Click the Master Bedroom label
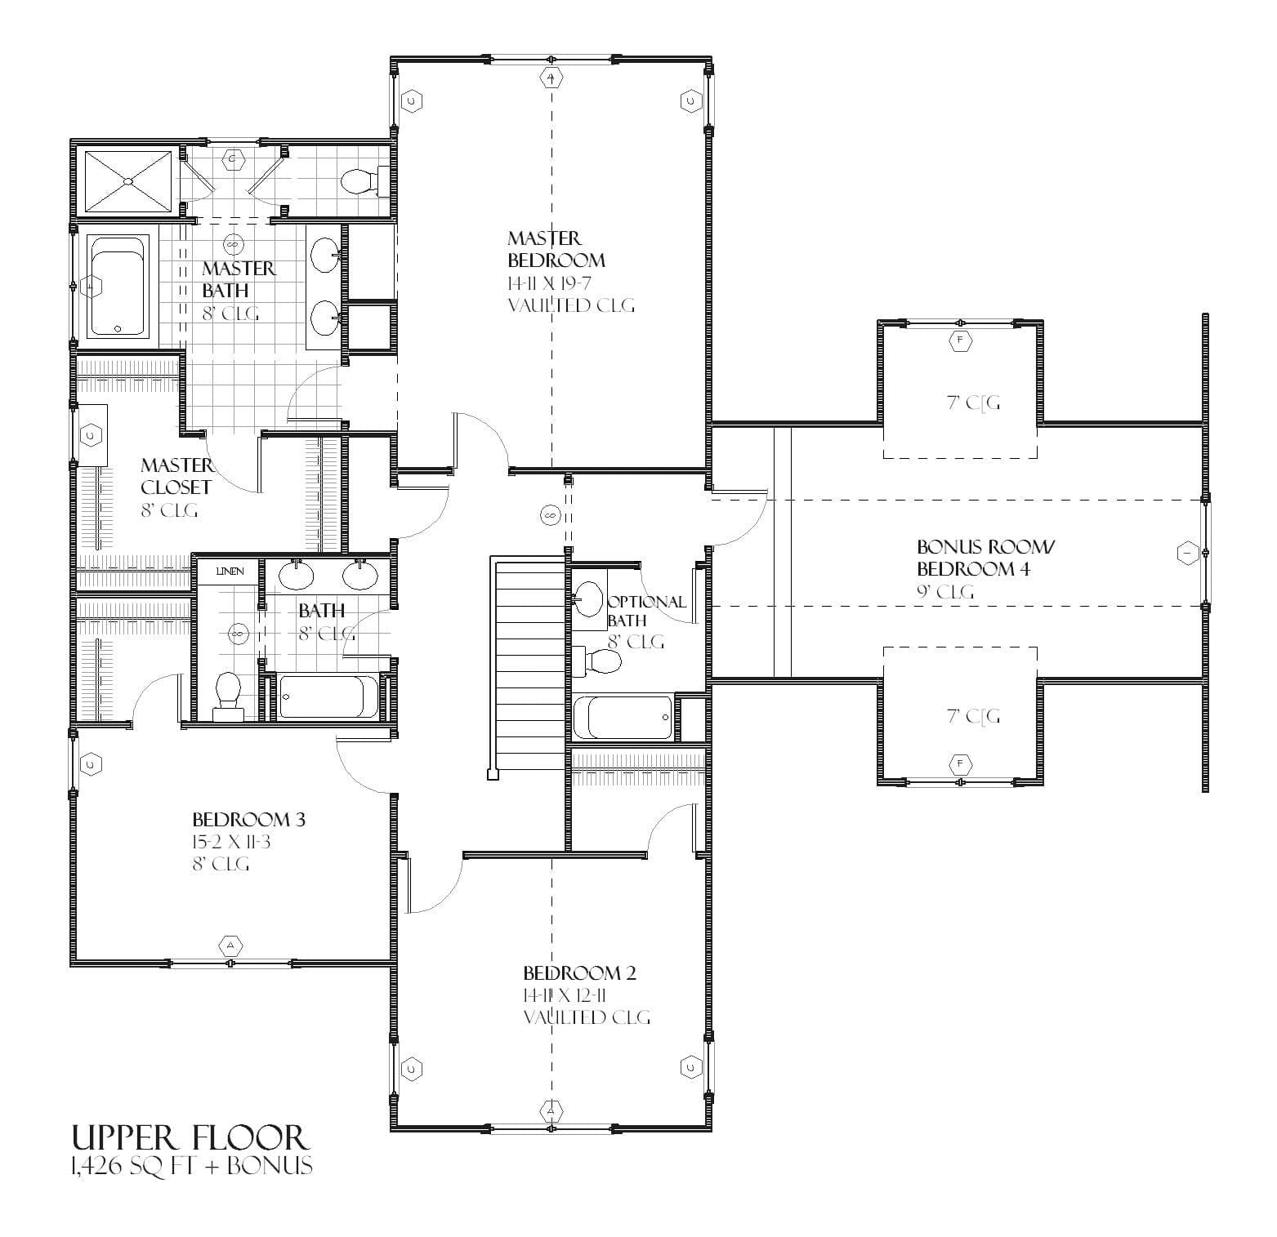click(x=556, y=249)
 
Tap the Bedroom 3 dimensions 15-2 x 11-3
click(x=231, y=842)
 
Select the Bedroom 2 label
click(x=579, y=972)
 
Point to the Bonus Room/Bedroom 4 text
click(x=972, y=558)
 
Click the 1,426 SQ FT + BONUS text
click(x=191, y=1166)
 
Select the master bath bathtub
click(x=119, y=286)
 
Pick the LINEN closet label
click(x=230, y=572)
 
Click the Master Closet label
click(x=176, y=476)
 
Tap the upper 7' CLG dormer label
click(x=973, y=403)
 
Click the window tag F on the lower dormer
click(x=961, y=765)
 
